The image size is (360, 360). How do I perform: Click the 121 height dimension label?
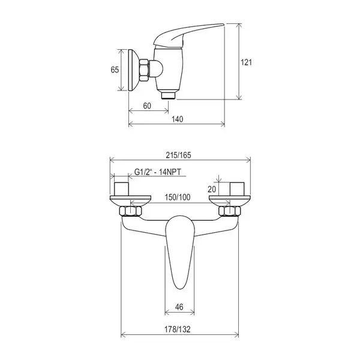246,62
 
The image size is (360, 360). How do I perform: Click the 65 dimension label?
115,70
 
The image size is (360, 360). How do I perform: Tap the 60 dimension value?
147,106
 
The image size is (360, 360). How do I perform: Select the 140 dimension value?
178,119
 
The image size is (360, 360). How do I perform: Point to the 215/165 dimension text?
178,155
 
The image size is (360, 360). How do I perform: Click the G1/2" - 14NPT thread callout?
157,172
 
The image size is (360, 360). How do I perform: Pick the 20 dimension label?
212,189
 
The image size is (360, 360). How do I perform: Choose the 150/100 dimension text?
178,197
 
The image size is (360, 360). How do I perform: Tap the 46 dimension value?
179,307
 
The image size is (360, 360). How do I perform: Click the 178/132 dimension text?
177,329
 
